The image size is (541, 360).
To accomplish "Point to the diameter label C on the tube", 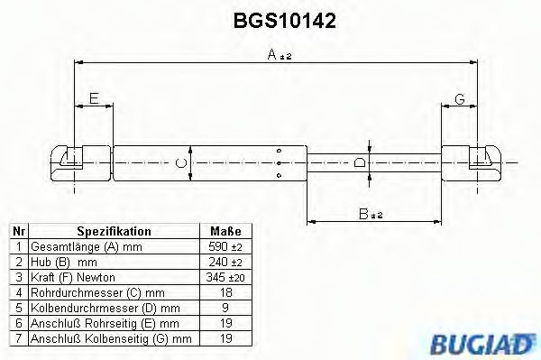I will [180, 163].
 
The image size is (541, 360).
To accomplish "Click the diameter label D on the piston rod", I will [360, 163].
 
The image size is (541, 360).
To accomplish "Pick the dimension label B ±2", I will [371, 215].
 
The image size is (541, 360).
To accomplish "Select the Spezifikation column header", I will [114, 232].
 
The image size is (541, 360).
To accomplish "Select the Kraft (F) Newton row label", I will [73, 277].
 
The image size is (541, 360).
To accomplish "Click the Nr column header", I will [19, 232].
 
